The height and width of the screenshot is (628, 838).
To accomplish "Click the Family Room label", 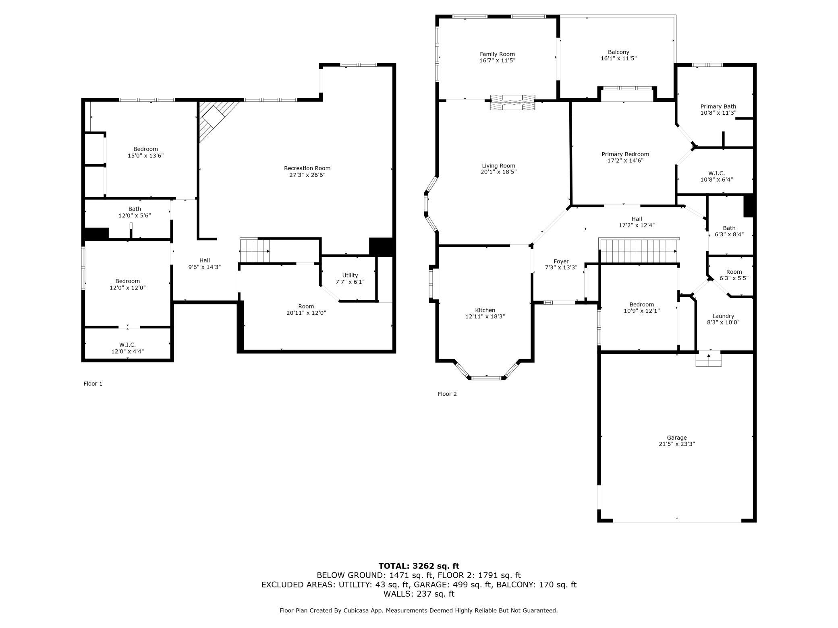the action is click(x=497, y=54).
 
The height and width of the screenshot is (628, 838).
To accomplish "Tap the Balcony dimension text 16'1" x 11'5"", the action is click(x=618, y=58).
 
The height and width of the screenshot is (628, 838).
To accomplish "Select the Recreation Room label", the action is click(x=307, y=168).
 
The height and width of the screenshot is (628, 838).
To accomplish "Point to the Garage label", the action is click(x=676, y=438).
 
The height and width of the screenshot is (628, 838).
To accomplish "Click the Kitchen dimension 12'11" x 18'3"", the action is click(x=485, y=316).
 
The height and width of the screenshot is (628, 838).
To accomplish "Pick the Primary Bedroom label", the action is click(x=625, y=154).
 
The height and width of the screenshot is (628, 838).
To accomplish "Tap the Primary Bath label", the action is click(x=718, y=107).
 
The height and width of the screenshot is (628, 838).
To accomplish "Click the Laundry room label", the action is click(x=723, y=316).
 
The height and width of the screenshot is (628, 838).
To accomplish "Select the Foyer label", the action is click(x=561, y=261).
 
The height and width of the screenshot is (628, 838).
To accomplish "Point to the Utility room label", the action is click(x=350, y=275).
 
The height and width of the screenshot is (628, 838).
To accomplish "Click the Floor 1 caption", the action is click(x=93, y=384).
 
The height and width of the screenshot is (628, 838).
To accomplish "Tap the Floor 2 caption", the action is click(x=447, y=394).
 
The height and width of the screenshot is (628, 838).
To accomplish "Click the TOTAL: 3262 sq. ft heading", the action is click(x=419, y=566).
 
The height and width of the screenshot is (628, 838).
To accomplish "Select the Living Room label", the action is click(x=498, y=165).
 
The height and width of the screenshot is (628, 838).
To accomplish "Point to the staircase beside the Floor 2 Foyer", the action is click(x=639, y=250).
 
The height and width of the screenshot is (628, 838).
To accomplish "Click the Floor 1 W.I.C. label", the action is click(x=127, y=345).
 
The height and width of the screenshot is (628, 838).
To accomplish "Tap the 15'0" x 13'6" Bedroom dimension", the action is click(x=146, y=155).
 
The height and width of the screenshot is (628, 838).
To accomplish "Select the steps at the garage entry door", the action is click(x=709, y=358).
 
